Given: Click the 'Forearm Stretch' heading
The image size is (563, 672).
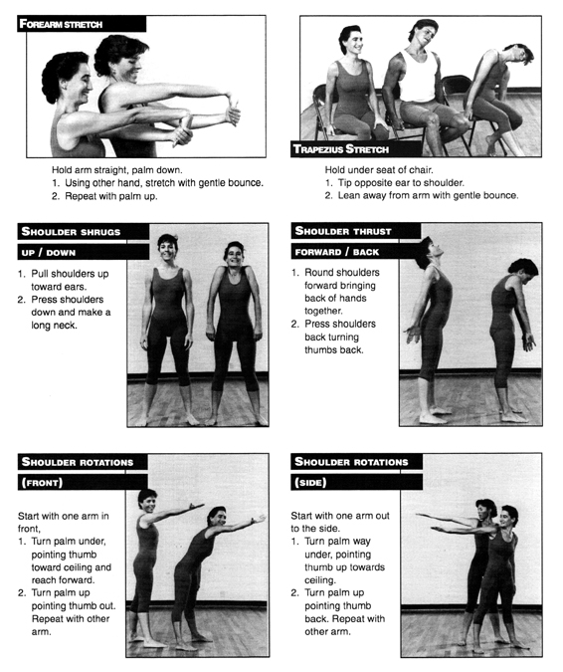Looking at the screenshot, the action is tap(61, 24).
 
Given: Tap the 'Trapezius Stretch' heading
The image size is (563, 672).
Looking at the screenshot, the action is tap(341, 148).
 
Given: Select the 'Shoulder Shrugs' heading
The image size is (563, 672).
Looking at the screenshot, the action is tap(71, 232).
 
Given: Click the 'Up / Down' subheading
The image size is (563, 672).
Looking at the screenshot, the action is tap(49, 253).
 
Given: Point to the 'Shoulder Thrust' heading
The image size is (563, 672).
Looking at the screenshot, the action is tap(343, 231).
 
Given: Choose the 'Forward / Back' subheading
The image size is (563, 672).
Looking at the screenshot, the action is tap(337, 252).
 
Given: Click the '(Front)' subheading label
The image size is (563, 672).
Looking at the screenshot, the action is tap(42, 483).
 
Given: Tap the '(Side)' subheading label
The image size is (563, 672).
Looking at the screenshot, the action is tap(310, 483).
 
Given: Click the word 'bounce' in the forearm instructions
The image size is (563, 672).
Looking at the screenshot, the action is tap(246, 183).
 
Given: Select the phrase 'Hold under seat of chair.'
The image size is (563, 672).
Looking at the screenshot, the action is tap(379, 169).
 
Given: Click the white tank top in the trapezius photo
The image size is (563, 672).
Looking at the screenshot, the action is tap(418, 77).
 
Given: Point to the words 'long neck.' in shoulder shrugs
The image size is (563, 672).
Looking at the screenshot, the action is tap(54, 326).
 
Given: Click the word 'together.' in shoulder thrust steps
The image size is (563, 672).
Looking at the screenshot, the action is tap(323, 312).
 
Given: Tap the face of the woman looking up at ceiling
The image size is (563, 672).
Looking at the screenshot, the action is tap(432, 250).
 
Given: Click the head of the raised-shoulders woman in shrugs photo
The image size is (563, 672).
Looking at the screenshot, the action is tap(234, 255).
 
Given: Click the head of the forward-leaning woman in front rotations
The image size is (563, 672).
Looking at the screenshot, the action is tap(217, 517).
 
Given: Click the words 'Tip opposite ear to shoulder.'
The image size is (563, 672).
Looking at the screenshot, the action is tap(401, 183).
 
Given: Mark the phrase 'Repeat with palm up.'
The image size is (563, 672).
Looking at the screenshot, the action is tap(111, 196).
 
